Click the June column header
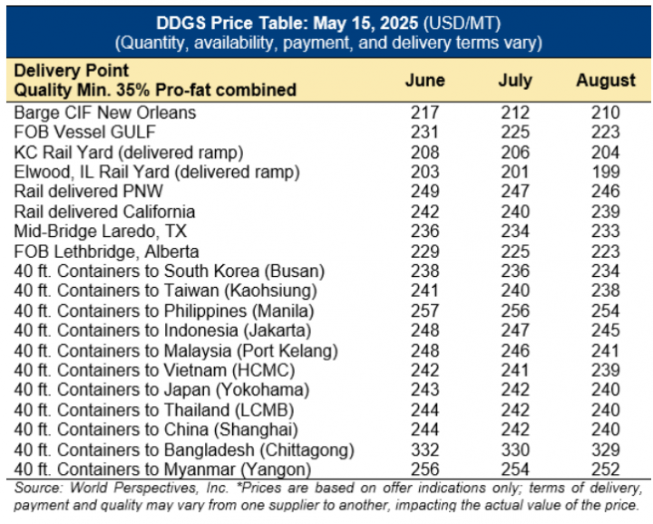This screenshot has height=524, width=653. [x=424, y=80]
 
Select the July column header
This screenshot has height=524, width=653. [x=515, y=80]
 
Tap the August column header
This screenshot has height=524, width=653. [x=605, y=80]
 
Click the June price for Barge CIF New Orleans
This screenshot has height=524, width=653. [x=424, y=114]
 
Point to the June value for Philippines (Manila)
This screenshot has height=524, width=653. [x=424, y=310]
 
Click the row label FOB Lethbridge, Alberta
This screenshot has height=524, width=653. [x=106, y=251]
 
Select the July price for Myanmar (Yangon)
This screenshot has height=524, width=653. [x=515, y=470]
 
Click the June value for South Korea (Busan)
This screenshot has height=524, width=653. [x=424, y=271]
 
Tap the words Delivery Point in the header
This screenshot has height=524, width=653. [x=71, y=70]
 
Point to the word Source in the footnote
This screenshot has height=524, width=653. [x=34, y=490]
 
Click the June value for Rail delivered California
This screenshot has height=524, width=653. [x=424, y=213]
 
